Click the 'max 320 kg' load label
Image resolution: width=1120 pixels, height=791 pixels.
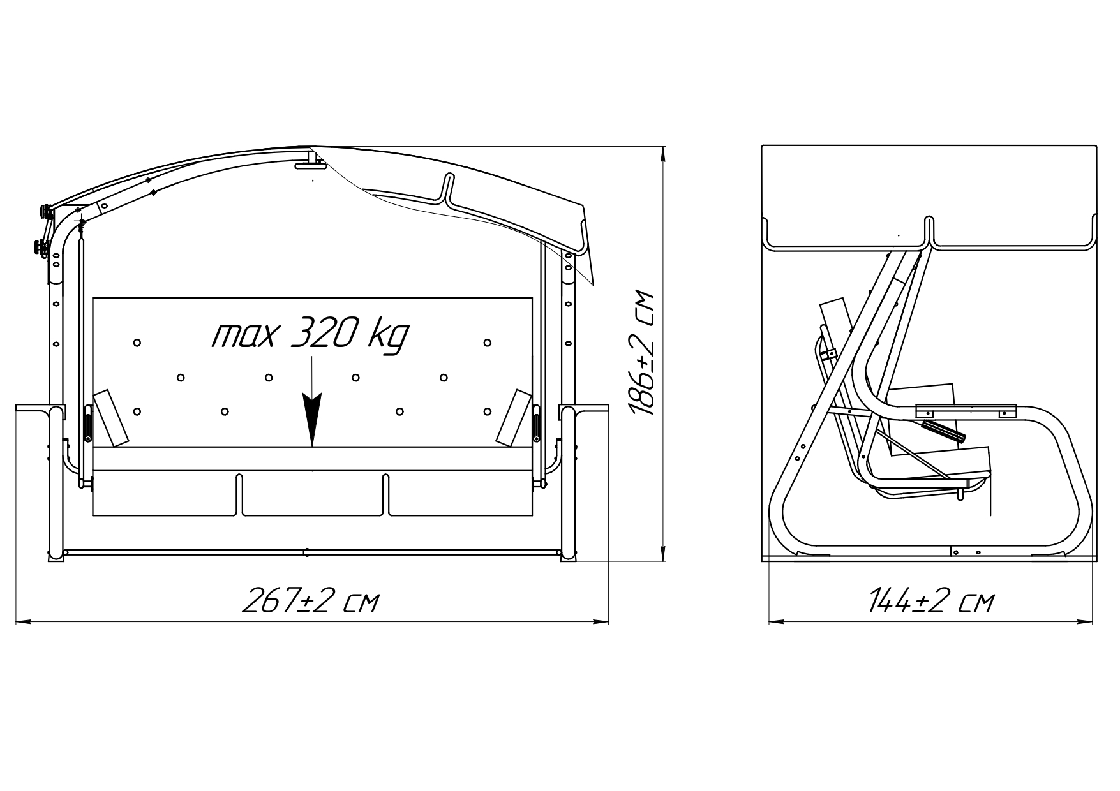coord(310,336)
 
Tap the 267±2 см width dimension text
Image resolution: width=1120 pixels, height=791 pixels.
coord(311,601)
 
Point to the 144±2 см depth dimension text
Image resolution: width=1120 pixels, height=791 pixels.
coord(931,601)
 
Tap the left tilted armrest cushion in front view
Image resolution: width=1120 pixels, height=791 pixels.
coord(112,417)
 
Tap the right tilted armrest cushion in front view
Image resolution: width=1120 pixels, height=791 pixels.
coord(514,417)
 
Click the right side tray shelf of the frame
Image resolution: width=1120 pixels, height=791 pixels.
coord(584,408)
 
